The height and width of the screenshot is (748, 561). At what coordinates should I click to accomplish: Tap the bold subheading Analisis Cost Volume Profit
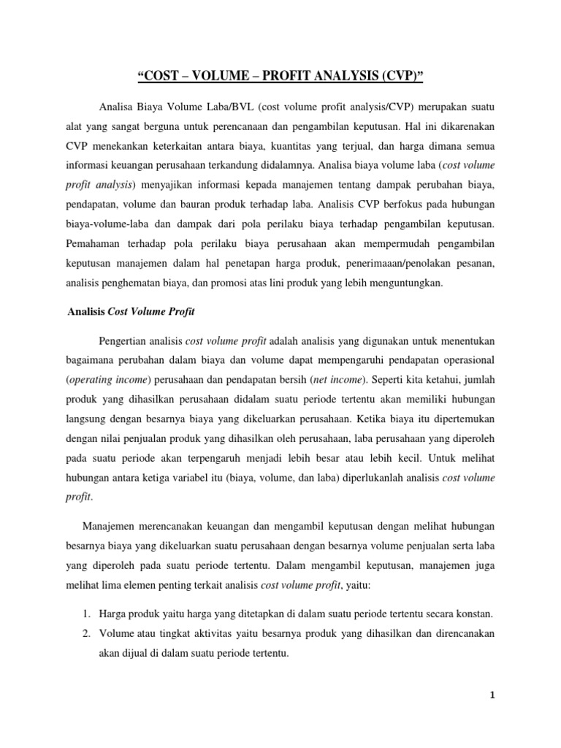(126, 310)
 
